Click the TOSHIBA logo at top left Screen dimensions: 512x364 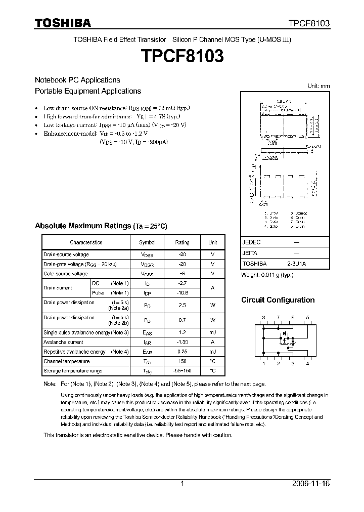(x=63, y=23)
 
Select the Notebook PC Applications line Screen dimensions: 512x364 (x=77, y=80)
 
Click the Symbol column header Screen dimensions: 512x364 (x=147, y=242)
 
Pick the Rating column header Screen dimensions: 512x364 (x=182, y=242)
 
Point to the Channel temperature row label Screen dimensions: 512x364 (x=66, y=361)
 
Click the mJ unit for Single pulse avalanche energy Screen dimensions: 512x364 (x=213, y=332)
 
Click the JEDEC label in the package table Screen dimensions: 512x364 (x=252, y=242)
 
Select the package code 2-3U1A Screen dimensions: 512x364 (x=297, y=264)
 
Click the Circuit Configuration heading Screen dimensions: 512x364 (x=278, y=300)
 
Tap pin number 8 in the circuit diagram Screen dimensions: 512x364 (x=263, y=317)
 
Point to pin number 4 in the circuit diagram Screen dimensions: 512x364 (x=307, y=364)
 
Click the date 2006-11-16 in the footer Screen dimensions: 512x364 (x=311, y=484)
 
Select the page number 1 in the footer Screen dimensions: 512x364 (x=182, y=484)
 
